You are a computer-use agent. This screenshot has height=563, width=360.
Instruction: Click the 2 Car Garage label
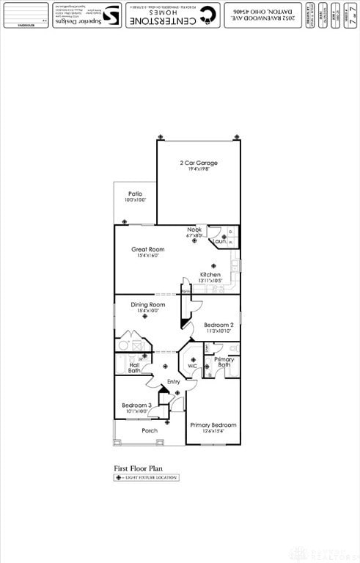[199, 163]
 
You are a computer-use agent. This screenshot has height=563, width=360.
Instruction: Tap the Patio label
[135, 194]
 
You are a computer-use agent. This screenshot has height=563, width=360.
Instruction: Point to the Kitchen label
[210, 275]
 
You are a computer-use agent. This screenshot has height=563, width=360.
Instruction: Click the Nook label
[194, 230]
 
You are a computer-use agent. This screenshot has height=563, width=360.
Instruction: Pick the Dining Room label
[148, 305]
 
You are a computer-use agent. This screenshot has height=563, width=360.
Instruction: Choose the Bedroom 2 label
[218, 325]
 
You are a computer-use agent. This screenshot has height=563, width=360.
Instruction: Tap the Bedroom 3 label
[136, 405]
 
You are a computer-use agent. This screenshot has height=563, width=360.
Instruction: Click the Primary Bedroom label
[213, 425]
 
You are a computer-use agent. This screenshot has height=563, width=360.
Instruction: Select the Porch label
[150, 431]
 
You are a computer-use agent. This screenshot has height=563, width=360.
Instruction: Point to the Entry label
[173, 382]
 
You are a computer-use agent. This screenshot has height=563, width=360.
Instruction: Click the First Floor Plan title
[138, 467]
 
